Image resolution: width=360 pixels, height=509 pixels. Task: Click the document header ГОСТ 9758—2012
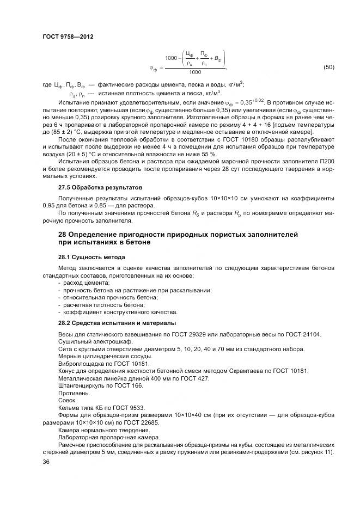pyautogui.click(x=68, y=35)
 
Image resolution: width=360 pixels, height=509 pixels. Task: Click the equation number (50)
pyautogui.click(x=328, y=68)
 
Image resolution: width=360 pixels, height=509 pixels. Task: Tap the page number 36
pyautogui.click(x=46, y=461)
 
